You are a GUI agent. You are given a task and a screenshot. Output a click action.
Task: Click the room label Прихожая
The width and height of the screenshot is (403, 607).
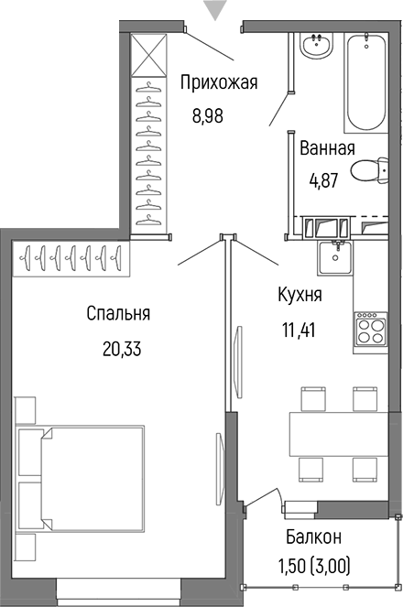[x=219, y=83]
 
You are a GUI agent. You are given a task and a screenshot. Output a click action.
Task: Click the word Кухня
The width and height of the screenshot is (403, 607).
[x=300, y=295]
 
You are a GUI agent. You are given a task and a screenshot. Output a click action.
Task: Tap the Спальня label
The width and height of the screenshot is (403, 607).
[x=118, y=314]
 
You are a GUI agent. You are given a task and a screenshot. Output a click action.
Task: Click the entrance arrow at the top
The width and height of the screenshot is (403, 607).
[x=215, y=10]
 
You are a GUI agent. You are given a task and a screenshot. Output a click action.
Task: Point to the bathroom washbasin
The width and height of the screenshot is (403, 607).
[x=318, y=44]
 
